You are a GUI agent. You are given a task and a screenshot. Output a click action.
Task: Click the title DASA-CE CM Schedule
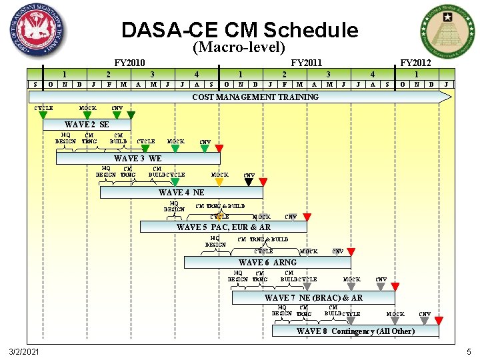(x=239, y=30)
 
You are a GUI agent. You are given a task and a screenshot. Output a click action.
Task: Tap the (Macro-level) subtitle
(x=239, y=48)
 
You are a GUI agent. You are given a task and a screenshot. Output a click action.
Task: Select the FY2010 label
(x=130, y=63)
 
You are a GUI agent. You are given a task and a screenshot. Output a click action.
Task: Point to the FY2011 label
(x=307, y=63)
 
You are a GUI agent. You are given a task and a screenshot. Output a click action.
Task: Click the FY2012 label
(x=415, y=63)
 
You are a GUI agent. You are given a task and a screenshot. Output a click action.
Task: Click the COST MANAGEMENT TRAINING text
(x=255, y=97)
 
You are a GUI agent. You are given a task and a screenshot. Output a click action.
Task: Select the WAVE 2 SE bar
(x=87, y=125)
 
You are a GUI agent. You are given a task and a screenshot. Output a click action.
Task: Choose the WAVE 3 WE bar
(x=138, y=159)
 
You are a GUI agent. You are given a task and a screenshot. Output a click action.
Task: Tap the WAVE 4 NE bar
(x=181, y=193)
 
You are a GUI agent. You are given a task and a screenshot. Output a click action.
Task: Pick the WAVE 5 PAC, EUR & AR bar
(x=223, y=227)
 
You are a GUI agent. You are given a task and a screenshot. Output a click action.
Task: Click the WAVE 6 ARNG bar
(x=267, y=263)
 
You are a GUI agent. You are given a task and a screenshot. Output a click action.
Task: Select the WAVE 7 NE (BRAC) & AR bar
(x=313, y=297)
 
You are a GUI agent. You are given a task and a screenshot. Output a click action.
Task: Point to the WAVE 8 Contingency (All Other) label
(x=355, y=331)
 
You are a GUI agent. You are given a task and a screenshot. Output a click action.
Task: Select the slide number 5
(x=469, y=351)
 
